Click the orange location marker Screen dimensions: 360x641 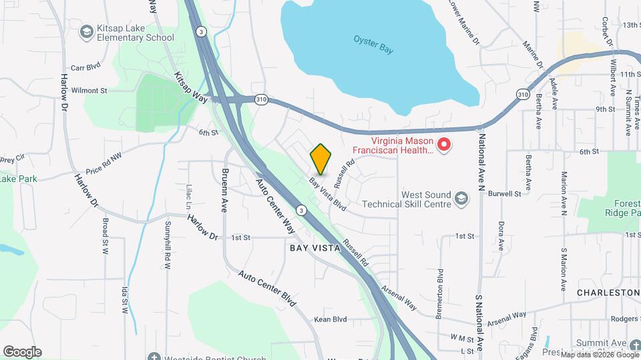coord(321,159)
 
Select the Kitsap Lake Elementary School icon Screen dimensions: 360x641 coord(85,31)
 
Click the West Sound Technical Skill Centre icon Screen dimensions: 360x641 coord(461,199)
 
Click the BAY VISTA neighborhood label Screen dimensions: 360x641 coord(315,247)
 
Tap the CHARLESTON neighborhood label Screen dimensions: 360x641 coord(608,293)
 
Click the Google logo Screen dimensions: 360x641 coord(22,351)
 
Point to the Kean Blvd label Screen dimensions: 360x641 coord(331,319)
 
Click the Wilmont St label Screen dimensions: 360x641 coord(89,90)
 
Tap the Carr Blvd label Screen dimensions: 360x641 coord(85,67)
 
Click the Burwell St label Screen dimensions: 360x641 coord(504,194)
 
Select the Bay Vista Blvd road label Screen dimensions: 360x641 coord(327,195)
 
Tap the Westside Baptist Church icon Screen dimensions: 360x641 coord(154,357)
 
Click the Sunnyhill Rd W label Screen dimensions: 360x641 coord(168,245)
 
